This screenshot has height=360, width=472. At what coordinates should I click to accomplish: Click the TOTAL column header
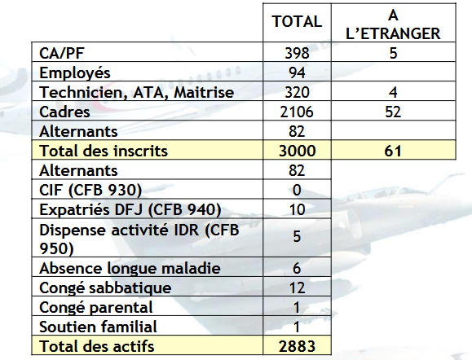pos(297,22)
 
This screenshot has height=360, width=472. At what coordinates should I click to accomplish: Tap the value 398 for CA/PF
pos(297,53)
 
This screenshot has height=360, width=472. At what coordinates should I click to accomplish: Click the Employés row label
pos(75,73)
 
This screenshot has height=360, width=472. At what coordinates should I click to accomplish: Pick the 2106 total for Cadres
pos(297,112)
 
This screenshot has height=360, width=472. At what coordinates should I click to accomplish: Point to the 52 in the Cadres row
pos(393,112)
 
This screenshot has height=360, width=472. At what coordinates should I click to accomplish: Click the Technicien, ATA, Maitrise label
pos(137,92)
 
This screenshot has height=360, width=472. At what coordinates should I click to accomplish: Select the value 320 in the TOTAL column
pos(297,92)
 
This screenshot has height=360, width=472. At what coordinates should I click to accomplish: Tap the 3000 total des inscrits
pos(297,151)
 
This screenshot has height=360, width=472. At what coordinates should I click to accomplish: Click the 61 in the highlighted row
pos(393,151)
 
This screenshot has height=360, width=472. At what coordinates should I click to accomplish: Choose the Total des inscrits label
pos(104,151)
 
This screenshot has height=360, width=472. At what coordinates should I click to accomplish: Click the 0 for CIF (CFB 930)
pos(297,190)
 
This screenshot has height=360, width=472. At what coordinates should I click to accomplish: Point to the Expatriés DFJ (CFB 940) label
pos(130,209)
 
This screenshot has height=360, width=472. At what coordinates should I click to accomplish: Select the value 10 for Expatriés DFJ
pos(297,209)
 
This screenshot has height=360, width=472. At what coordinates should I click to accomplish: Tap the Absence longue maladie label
pos(130,268)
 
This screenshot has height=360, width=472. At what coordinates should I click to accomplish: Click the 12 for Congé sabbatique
pos(297,288)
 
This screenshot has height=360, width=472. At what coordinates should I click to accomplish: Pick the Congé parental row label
pos(96,307)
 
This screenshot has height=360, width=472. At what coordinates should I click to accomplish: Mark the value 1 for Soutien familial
pos(297,327)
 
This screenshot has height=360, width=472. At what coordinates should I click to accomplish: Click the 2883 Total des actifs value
pos(297,346)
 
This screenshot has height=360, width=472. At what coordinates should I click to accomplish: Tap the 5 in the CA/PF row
pos(393,53)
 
